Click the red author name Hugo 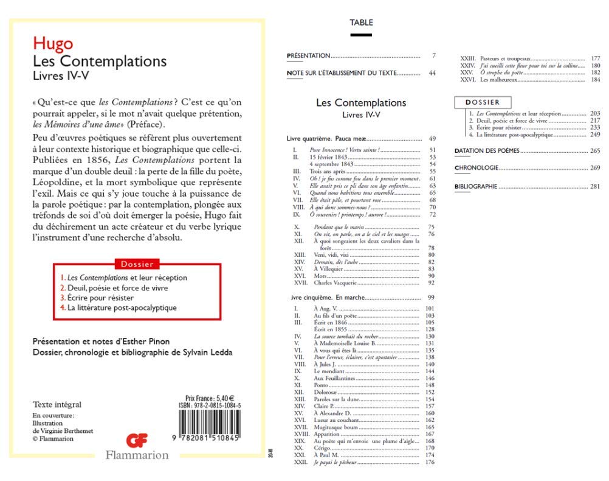coord(53,44)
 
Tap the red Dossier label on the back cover coord(137,264)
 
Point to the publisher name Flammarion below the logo coord(137,454)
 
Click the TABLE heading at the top coord(361,23)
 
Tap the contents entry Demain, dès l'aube coord(333,261)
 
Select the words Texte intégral coord(57,404)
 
